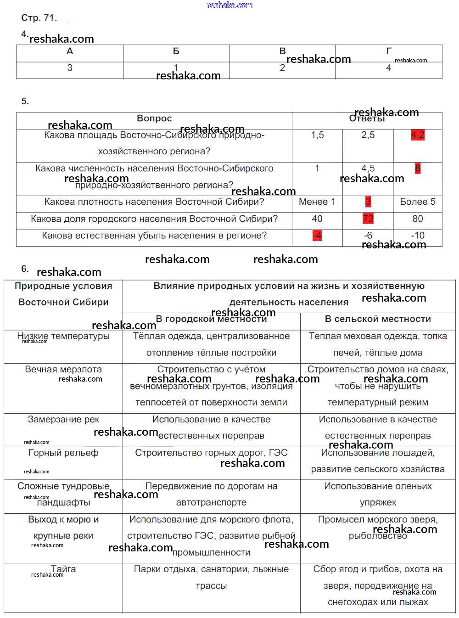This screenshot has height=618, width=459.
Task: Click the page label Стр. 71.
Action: pos(39,18)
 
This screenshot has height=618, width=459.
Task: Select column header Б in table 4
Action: pos(176,51)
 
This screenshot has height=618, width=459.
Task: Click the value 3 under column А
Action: pos(70,68)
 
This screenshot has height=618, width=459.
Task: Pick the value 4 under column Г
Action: pos(388,68)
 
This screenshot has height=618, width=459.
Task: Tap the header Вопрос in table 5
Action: pos(154,118)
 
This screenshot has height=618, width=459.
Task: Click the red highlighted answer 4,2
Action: pos(418,135)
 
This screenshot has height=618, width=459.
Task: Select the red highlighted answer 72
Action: pos(368,219)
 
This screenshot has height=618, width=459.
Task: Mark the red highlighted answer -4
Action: pos(317,236)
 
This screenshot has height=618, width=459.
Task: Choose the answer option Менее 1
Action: pos(317,202)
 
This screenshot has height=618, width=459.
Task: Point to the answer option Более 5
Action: pos(418,202)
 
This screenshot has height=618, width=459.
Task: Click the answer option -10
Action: pos(418,236)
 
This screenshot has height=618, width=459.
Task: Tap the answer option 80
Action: pos(418,219)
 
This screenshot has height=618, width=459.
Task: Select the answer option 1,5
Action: pos(317,135)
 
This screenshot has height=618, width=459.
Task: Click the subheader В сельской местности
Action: pos(378,319)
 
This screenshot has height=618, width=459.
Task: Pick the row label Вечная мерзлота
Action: pos(63,369)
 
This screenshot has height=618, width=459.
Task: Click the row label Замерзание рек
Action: pos(63,419)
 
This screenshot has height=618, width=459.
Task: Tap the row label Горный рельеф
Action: pos(63,453)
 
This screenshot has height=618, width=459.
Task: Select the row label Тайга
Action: pos(63,569)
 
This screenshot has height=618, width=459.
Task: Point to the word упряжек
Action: pos(378,502)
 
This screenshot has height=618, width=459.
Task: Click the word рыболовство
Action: pos(378,536)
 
